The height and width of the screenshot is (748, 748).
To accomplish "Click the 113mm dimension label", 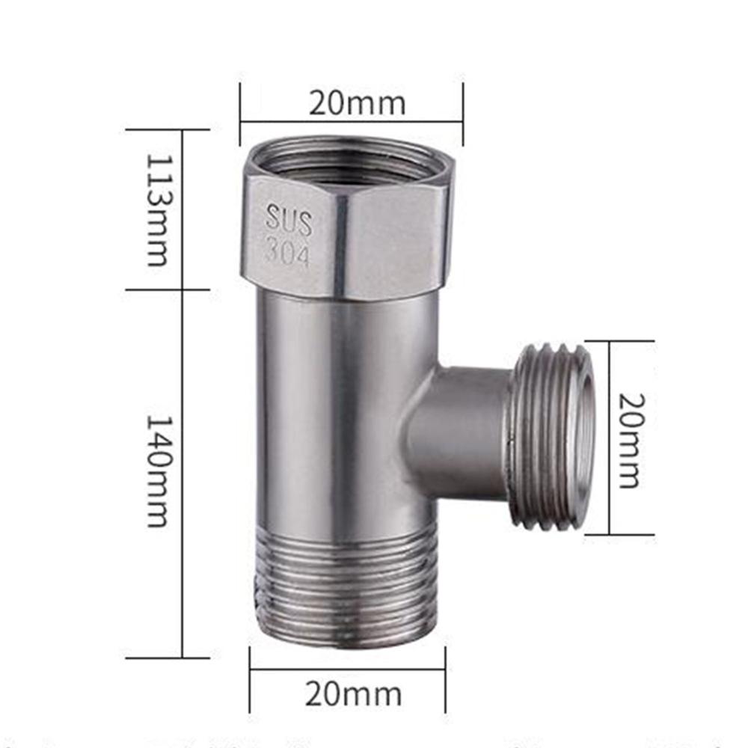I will click(157, 210).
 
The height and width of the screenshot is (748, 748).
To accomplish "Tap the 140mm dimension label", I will click(157, 471).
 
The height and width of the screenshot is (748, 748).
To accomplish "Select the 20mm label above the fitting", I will click(358, 103).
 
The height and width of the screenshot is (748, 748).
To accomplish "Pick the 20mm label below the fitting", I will click(352, 694).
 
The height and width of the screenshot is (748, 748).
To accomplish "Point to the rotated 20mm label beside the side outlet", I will click(629, 439).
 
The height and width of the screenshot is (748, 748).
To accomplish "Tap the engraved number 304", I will click(287, 254).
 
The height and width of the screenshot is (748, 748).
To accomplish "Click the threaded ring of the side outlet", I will click(550, 438).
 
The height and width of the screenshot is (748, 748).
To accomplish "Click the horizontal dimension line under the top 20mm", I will click(352, 122).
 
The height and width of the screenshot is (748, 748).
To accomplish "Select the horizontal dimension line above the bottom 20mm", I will click(348, 670).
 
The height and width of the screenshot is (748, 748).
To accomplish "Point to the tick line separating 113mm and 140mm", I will click(167, 289).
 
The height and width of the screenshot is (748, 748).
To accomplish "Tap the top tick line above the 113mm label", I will click(167, 129).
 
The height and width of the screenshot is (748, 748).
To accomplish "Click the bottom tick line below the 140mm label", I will click(167, 658).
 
